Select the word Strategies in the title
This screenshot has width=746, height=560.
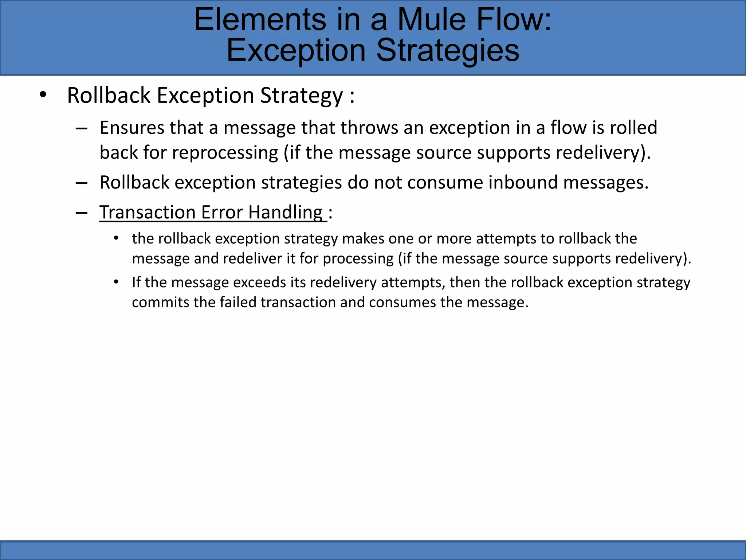point(448,51)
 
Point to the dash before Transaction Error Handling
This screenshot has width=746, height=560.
point(81,213)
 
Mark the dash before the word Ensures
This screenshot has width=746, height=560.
point(81,128)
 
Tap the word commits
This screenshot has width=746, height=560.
point(160,303)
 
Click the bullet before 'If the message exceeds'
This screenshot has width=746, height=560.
point(116,282)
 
